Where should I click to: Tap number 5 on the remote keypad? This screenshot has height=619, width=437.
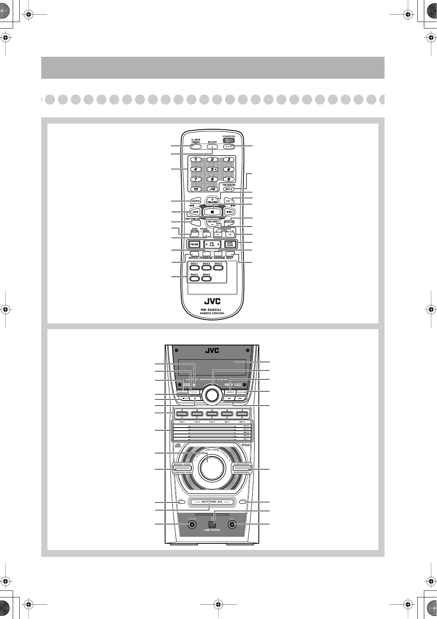212,169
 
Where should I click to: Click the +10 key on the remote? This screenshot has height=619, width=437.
212,189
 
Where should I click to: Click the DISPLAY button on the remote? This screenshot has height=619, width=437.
229,222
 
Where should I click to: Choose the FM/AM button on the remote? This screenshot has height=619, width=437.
194,244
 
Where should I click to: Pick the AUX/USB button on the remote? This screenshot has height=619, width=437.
230,244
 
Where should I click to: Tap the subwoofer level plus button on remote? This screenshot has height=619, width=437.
230,234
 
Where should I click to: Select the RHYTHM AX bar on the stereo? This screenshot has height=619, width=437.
212,502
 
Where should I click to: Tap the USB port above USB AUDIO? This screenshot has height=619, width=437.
212,524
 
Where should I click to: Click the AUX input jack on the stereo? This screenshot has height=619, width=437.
232,525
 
